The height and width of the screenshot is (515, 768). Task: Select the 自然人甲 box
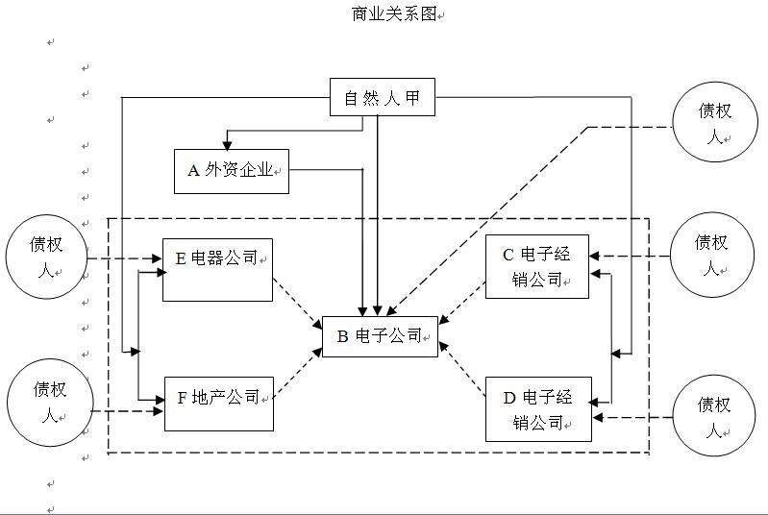click(x=382, y=97)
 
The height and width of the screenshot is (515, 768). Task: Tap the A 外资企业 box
click(x=231, y=170)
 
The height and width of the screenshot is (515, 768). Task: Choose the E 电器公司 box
click(x=217, y=269)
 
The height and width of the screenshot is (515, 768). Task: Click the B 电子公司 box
click(x=380, y=336)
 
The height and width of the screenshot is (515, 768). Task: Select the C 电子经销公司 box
click(x=536, y=266)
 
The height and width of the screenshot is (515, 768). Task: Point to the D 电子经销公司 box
click(x=537, y=409)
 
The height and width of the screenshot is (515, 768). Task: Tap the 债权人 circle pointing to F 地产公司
click(x=48, y=401)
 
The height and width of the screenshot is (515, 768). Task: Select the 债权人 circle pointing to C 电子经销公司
click(x=711, y=253)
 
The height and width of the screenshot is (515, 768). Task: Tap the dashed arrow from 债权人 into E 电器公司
click(x=125, y=258)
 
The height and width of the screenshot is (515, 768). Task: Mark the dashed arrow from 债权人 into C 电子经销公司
click(x=630, y=256)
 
